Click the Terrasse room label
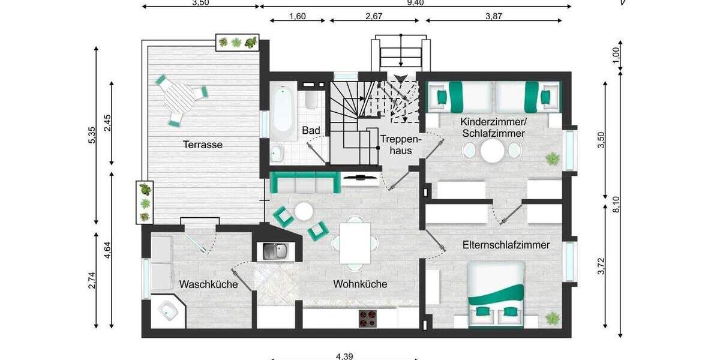tap(203, 145)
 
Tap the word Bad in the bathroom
tap(311, 130)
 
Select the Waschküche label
tap(208, 284)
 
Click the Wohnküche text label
tap(360, 284)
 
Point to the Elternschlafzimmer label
tap(506, 245)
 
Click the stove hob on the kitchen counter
tap(368, 318)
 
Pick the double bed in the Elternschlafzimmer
tap(496, 295)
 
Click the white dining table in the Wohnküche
tap(355, 243)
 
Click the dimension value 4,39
tap(344, 356)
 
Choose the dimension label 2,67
tap(374, 17)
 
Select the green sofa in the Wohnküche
tap(303, 182)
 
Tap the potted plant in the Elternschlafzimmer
tap(551, 316)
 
